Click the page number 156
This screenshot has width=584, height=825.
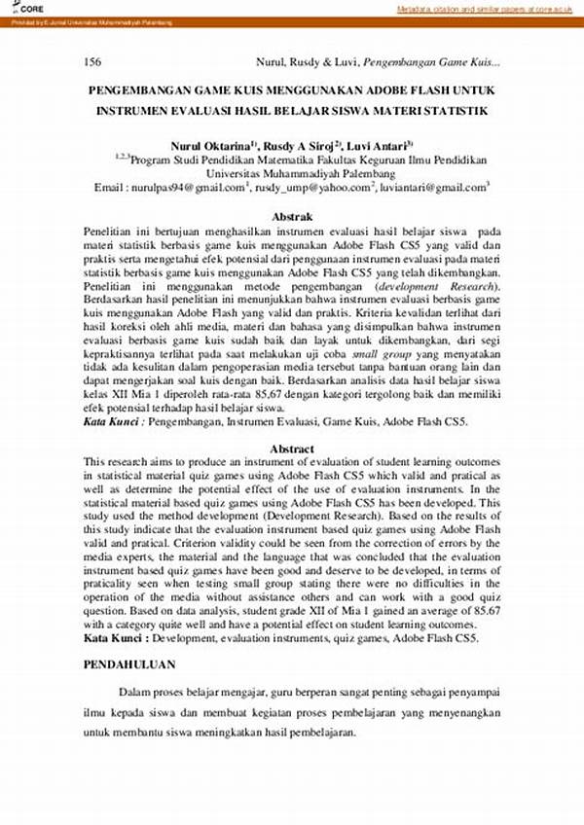(x=94, y=61)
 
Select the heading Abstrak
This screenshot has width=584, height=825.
(x=291, y=216)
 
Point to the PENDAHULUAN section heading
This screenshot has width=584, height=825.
(x=127, y=664)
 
